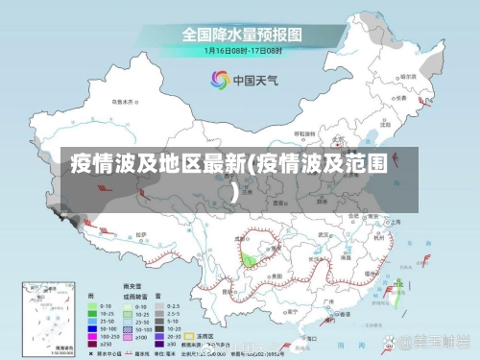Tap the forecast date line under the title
pyautogui.click(x=241, y=51)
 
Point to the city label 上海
pyautogui.click(x=393, y=220)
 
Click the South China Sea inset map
pyautogui.click(x=39, y=318)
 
